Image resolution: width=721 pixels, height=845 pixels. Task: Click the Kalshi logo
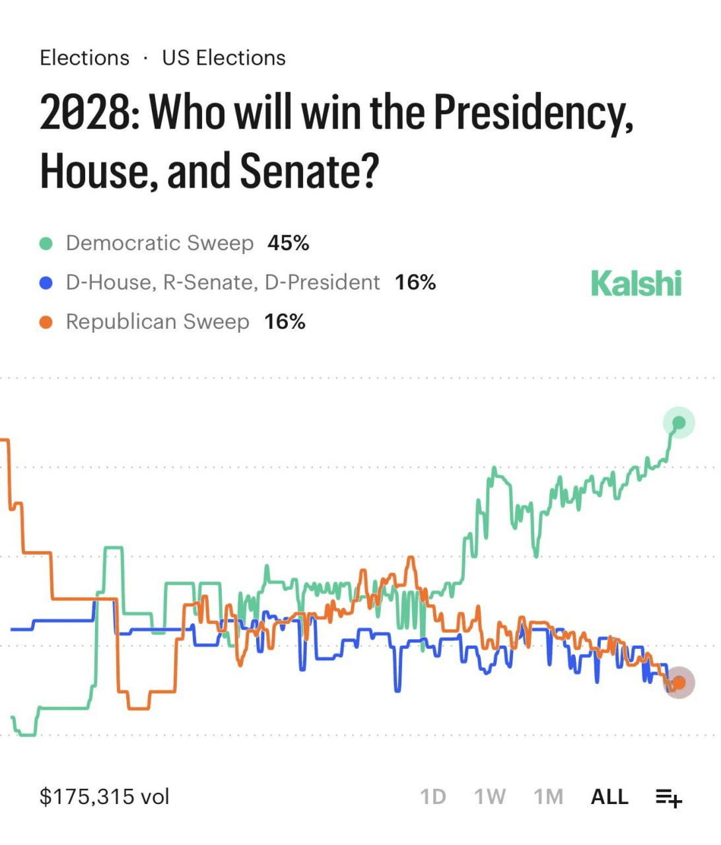[x=636, y=283]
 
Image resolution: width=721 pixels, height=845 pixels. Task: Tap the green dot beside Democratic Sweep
[x=46, y=244]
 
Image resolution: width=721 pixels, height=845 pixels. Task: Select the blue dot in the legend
[x=46, y=283]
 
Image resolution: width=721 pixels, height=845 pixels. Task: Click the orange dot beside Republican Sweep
[x=46, y=322]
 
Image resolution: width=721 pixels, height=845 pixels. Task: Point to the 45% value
[x=288, y=243]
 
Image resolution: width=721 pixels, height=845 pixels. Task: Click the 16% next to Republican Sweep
[x=285, y=322]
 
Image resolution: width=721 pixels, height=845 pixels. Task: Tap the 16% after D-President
[x=415, y=283]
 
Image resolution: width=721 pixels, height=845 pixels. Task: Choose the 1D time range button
[x=433, y=797]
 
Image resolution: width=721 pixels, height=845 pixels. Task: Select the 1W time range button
[x=490, y=797]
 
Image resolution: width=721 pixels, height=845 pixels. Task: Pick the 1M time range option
[x=549, y=797]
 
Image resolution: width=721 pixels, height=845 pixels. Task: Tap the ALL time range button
[x=609, y=797]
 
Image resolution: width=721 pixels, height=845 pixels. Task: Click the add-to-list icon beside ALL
[x=668, y=797]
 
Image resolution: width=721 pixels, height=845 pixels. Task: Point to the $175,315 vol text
[x=105, y=796]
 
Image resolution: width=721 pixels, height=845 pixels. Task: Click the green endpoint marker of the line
[x=679, y=422]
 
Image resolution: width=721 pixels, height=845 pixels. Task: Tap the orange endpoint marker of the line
[x=679, y=683]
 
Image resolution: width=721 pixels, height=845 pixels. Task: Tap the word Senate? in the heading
[x=309, y=170]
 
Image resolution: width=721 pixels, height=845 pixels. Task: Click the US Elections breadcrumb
[x=224, y=58]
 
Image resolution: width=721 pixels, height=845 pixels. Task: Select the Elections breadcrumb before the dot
[x=85, y=58]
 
